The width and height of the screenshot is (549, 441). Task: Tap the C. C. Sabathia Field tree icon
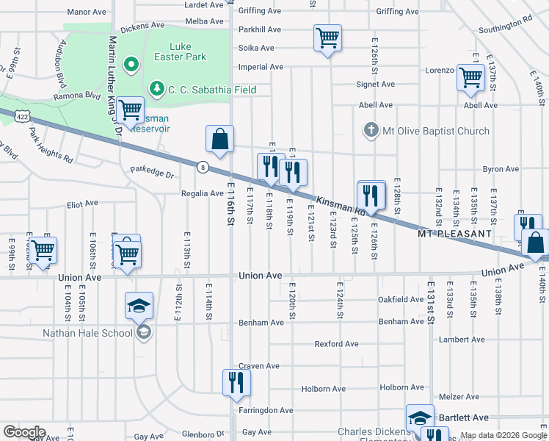point(156,89)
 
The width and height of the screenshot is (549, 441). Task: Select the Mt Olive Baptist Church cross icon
point(371,131)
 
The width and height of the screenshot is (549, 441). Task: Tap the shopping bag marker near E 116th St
point(219,138)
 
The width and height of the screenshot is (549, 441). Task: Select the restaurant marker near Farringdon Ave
point(236,383)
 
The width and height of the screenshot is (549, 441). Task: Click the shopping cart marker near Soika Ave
point(327,37)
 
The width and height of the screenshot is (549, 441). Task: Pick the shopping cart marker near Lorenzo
point(470,77)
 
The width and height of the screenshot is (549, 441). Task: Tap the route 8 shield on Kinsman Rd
point(203,167)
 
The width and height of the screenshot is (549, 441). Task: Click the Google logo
point(24,432)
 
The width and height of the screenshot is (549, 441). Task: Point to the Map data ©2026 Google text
point(503,435)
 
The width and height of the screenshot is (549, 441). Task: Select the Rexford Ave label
point(336,344)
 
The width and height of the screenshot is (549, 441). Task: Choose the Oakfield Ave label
point(401,300)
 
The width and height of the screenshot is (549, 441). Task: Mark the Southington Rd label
point(505,26)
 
